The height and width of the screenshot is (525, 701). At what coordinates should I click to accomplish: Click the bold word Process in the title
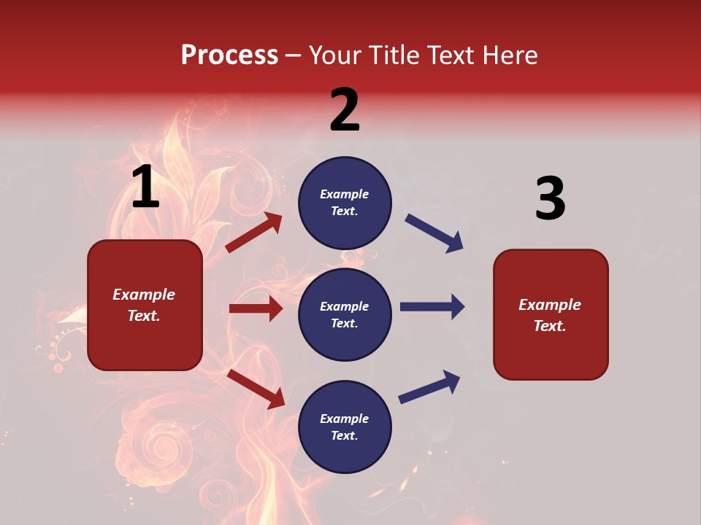pos(229,55)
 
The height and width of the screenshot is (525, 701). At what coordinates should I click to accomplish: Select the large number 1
pos(145,187)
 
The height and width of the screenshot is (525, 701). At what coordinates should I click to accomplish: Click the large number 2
pos(345,110)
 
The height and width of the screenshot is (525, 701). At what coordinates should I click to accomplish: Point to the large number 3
pos(550,198)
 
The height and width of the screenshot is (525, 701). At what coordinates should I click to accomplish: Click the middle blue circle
pos(345,314)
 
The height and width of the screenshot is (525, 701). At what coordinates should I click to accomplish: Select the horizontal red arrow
pos(256,308)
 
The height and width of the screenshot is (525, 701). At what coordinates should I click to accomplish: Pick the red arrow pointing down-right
pos(256,389)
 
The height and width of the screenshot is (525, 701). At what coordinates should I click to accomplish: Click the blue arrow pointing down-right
pos(434,233)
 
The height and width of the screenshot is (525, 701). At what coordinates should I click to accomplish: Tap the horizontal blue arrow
pos(432,306)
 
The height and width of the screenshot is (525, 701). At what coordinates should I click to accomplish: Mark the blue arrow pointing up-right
pos(429,387)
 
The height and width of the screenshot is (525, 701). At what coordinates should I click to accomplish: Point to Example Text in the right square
pos(550,315)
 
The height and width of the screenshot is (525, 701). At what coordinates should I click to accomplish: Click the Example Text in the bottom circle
pos(345,427)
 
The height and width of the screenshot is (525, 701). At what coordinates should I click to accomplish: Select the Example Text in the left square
pos(144,305)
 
